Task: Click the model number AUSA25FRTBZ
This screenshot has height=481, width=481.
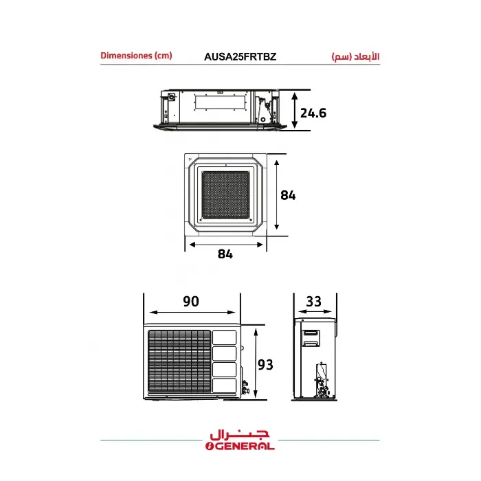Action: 240,57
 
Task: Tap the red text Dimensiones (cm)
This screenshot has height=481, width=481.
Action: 136,56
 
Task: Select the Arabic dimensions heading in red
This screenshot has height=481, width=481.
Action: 355,57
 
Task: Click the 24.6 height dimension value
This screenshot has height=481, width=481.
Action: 313,113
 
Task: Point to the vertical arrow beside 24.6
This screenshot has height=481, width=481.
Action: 295,111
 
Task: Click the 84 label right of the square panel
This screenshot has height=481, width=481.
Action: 288,195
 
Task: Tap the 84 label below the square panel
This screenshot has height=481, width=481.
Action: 225,254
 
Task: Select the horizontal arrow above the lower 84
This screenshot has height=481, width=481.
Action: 226,245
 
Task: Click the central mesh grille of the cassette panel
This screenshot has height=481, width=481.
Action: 225,194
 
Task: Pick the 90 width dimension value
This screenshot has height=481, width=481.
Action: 191,301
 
